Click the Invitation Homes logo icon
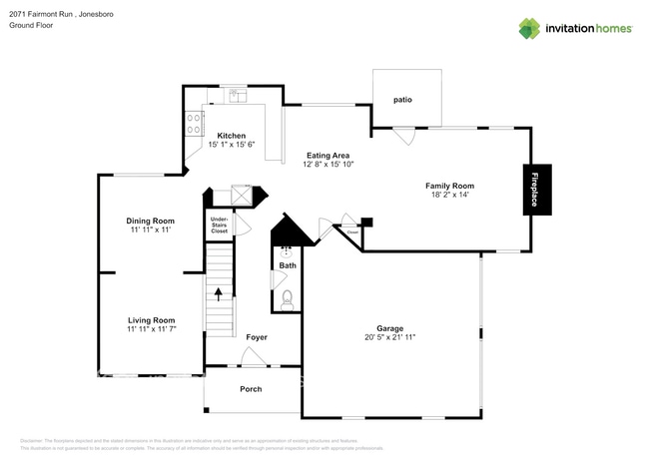(528, 28)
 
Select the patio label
(402, 100)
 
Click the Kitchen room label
(232, 136)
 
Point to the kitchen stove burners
(192, 123)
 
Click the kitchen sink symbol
(236, 96)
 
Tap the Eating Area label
(326, 156)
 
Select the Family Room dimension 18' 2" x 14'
(449, 196)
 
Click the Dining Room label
(150, 221)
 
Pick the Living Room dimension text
(151, 329)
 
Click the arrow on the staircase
(219, 293)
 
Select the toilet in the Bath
(288, 298)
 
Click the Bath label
(288, 265)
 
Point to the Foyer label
(257, 337)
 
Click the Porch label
(251, 388)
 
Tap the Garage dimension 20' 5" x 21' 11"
(388, 337)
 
